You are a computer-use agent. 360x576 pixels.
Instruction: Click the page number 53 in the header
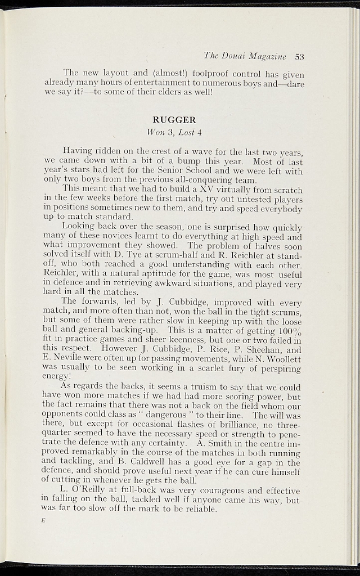[299, 56]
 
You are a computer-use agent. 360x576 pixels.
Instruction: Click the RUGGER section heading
[174, 120]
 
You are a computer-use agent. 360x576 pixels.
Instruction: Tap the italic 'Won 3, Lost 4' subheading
[174, 133]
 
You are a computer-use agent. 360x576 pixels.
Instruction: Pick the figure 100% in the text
[289, 331]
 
